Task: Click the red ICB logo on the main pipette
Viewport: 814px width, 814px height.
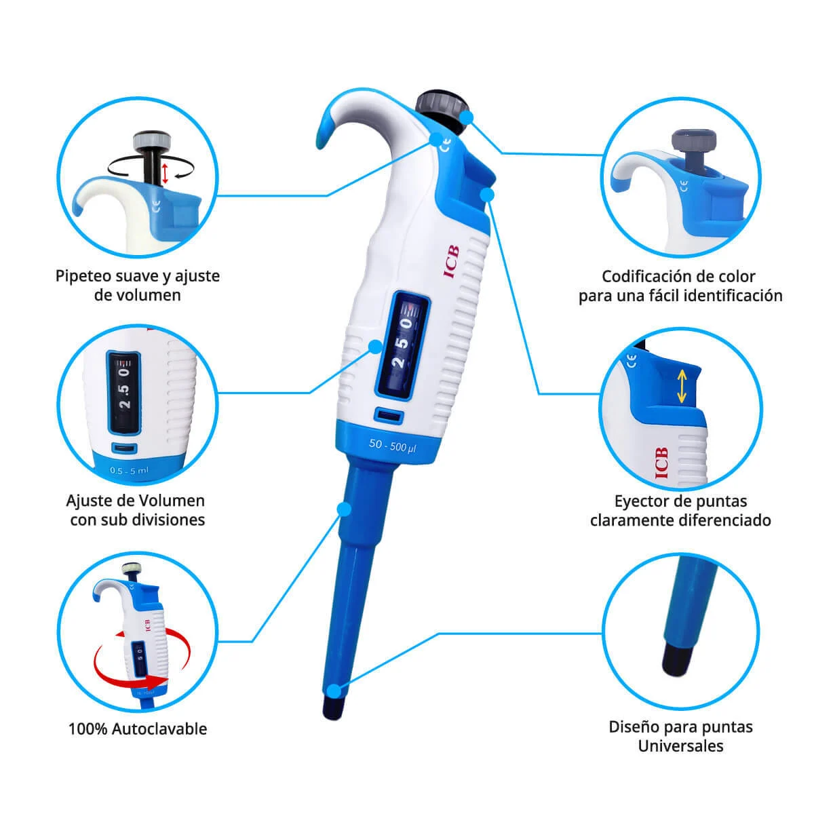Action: (x=451, y=262)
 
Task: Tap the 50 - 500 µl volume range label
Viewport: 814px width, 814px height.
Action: (x=393, y=446)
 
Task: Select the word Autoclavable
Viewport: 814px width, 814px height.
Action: (x=159, y=729)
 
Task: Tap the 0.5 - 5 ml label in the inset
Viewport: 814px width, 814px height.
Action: (x=129, y=470)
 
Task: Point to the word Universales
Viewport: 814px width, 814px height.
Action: (x=680, y=746)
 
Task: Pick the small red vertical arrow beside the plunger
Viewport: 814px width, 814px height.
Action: (x=165, y=173)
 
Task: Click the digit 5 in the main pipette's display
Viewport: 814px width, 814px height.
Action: (x=402, y=343)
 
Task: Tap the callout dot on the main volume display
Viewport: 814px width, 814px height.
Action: (x=375, y=347)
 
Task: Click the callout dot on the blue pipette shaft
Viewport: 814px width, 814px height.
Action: (x=345, y=509)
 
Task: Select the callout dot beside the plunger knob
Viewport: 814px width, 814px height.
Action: (x=466, y=117)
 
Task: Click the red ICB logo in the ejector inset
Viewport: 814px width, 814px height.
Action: (x=662, y=463)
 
